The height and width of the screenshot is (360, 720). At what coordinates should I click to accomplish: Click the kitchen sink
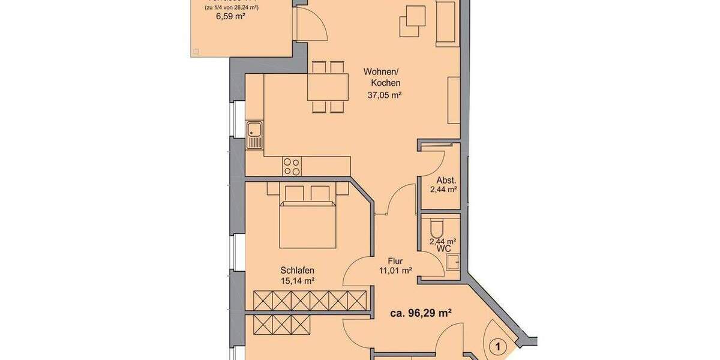(255, 135)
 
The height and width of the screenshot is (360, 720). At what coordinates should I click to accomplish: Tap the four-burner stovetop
(292, 166)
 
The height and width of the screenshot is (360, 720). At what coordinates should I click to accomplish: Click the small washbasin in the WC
(454, 262)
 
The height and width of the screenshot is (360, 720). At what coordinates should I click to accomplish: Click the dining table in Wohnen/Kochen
(328, 86)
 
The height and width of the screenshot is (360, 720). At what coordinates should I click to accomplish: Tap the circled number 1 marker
(496, 346)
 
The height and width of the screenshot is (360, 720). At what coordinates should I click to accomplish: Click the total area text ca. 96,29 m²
(421, 313)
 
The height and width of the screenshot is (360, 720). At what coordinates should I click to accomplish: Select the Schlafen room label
(297, 271)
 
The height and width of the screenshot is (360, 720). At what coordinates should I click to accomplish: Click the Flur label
(395, 261)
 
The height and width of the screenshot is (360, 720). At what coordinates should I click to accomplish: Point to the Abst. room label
(447, 180)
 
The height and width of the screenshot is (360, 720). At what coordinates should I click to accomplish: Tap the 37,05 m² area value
(384, 94)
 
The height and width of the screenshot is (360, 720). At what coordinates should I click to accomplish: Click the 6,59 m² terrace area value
(230, 17)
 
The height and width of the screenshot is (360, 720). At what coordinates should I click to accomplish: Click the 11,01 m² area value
(395, 271)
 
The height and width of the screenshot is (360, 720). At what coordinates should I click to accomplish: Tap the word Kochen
(385, 83)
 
